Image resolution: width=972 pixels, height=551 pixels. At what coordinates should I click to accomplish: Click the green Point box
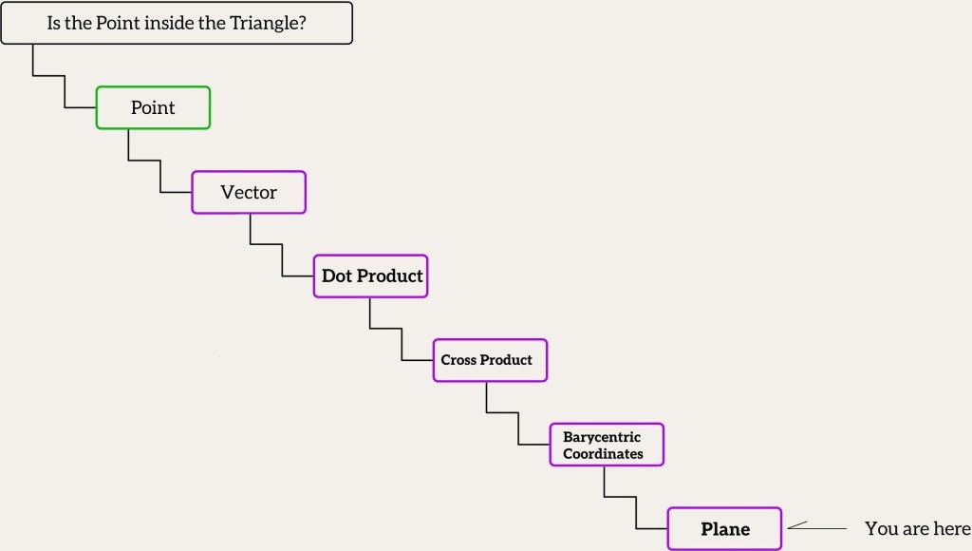click(x=153, y=107)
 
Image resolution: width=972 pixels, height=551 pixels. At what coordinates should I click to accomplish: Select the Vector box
click(x=249, y=192)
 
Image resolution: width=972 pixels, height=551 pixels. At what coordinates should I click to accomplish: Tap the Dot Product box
click(x=371, y=276)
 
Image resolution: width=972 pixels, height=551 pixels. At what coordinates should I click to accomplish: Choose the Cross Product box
click(x=490, y=360)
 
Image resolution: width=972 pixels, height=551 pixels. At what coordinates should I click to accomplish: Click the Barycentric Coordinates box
click(x=607, y=445)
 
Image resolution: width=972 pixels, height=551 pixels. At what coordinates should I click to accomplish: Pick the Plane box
click(x=724, y=528)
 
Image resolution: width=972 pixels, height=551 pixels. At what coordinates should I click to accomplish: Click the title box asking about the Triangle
click(x=177, y=23)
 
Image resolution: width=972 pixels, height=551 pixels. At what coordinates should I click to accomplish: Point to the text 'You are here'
click(x=917, y=528)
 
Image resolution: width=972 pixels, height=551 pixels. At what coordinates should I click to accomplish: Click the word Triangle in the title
click(x=268, y=23)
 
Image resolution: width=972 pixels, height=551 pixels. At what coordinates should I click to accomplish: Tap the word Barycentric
click(x=602, y=437)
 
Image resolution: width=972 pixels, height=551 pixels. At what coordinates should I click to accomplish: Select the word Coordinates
click(x=603, y=453)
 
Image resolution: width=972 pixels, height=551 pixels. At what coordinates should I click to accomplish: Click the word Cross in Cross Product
click(x=458, y=360)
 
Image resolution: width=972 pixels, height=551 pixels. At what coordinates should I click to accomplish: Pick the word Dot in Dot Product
click(x=337, y=276)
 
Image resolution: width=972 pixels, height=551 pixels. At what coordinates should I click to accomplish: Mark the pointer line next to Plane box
click(x=816, y=527)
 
